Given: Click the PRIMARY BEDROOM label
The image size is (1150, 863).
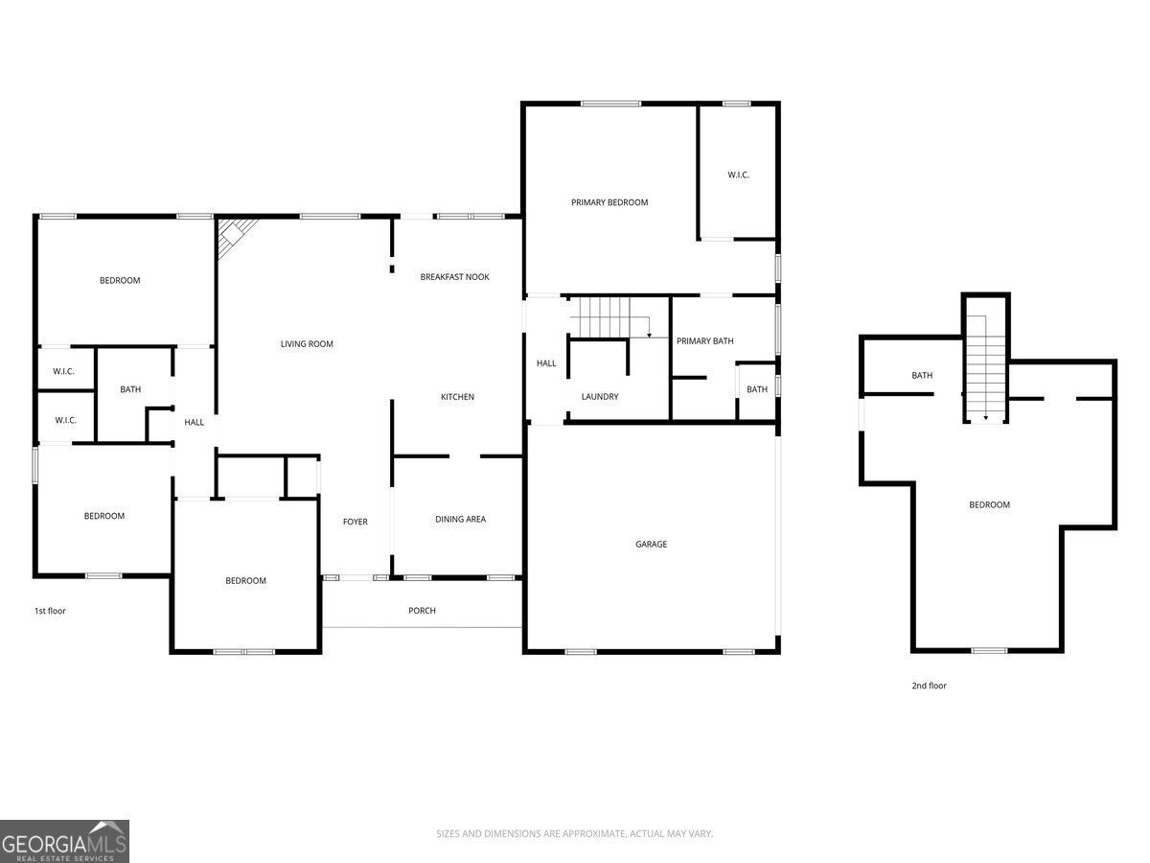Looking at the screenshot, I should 609,202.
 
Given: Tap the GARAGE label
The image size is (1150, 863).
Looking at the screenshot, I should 651,544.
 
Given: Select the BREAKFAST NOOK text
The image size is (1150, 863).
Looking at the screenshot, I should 454,277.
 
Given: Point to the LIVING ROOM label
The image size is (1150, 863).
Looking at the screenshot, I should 307,344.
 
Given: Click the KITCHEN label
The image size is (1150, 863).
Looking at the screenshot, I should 457,397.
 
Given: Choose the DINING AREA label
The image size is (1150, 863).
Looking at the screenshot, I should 460,519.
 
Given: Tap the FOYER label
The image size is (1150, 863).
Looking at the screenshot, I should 356,522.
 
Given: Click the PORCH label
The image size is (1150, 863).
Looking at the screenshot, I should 422,611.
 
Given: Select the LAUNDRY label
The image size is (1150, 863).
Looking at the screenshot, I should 600,397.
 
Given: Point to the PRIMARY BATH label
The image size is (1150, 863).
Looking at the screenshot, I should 704,341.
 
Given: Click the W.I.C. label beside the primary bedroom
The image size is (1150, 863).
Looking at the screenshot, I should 738,175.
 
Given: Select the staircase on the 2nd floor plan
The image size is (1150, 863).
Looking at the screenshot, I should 986,369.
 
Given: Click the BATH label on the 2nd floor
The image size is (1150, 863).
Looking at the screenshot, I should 922,375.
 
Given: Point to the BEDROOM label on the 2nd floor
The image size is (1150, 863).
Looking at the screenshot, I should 989,504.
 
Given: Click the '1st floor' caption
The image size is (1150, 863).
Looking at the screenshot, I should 50,611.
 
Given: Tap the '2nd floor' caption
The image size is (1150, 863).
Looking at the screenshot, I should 929,686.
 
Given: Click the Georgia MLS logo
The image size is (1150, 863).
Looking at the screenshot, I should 64,841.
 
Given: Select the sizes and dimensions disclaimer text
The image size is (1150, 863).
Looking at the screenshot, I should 575,834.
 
